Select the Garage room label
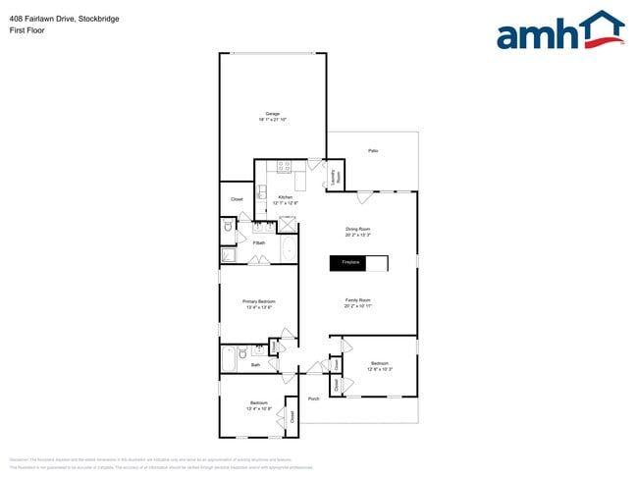(272, 116)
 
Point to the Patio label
(373, 150)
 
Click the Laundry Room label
(335, 178)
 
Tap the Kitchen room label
(285, 199)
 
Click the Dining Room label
(357, 232)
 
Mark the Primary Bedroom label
(259, 304)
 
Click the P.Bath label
(259, 242)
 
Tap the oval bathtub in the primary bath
(288, 250)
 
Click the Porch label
(314, 399)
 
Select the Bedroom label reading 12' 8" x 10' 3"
(379, 366)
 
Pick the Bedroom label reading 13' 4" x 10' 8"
(258, 405)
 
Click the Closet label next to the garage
(237, 199)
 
